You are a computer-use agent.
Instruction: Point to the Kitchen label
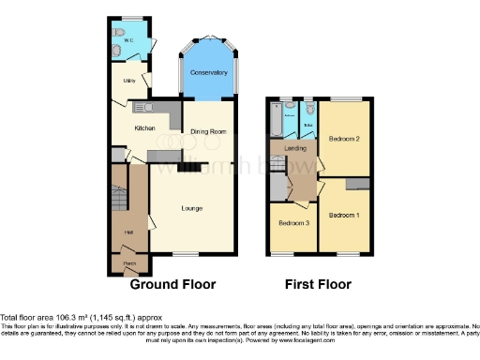pyautogui.click(x=143, y=127)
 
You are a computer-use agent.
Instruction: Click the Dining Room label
pyautogui.click(x=209, y=132)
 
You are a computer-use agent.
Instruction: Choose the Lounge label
pyautogui.click(x=192, y=207)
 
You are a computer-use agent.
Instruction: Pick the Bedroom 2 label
pyautogui.click(x=344, y=140)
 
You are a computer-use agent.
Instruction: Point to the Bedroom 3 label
pyautogui.click(x=293, y=224)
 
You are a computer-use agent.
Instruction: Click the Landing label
pyautogui.click(x=282, y=149)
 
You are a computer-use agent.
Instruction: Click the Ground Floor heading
pyautogui.click(x=172, y=284)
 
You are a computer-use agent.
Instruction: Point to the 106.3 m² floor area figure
pyautogui.click(x=67, y=316)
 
